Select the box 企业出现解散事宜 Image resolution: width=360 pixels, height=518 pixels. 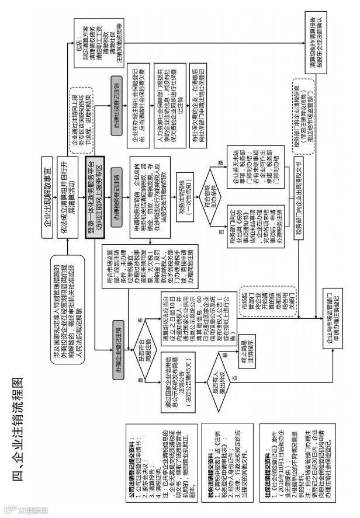(48, 186)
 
